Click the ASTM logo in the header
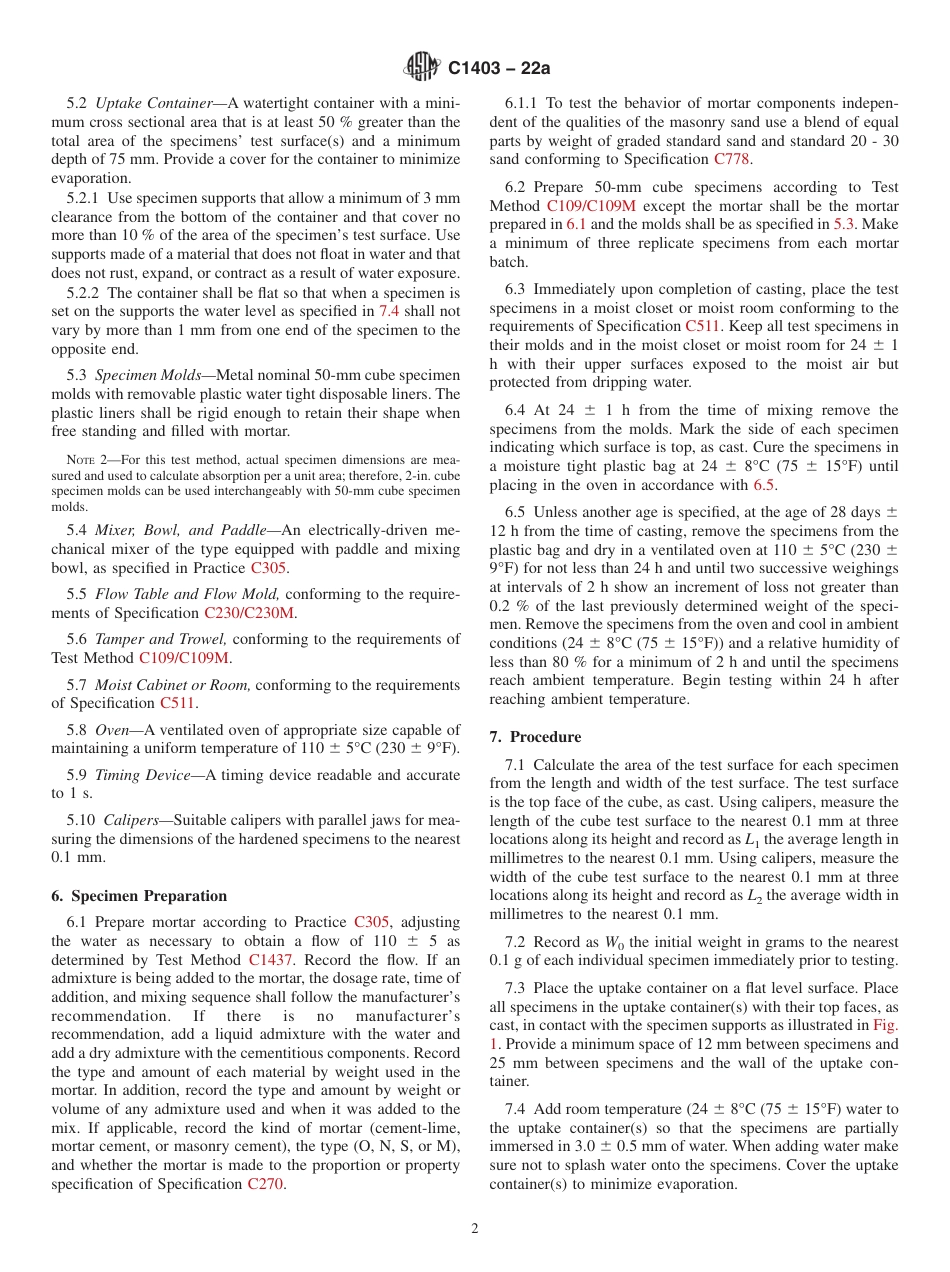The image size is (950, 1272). coord(421,68)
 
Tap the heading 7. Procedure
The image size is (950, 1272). coord(535,737)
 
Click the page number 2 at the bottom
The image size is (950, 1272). coord(475,1228)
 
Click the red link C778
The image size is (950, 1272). coord(732,159)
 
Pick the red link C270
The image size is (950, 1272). coord(265,1184)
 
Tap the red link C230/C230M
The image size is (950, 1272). coord(249,613)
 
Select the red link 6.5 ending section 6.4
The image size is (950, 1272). coord(763,485)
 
